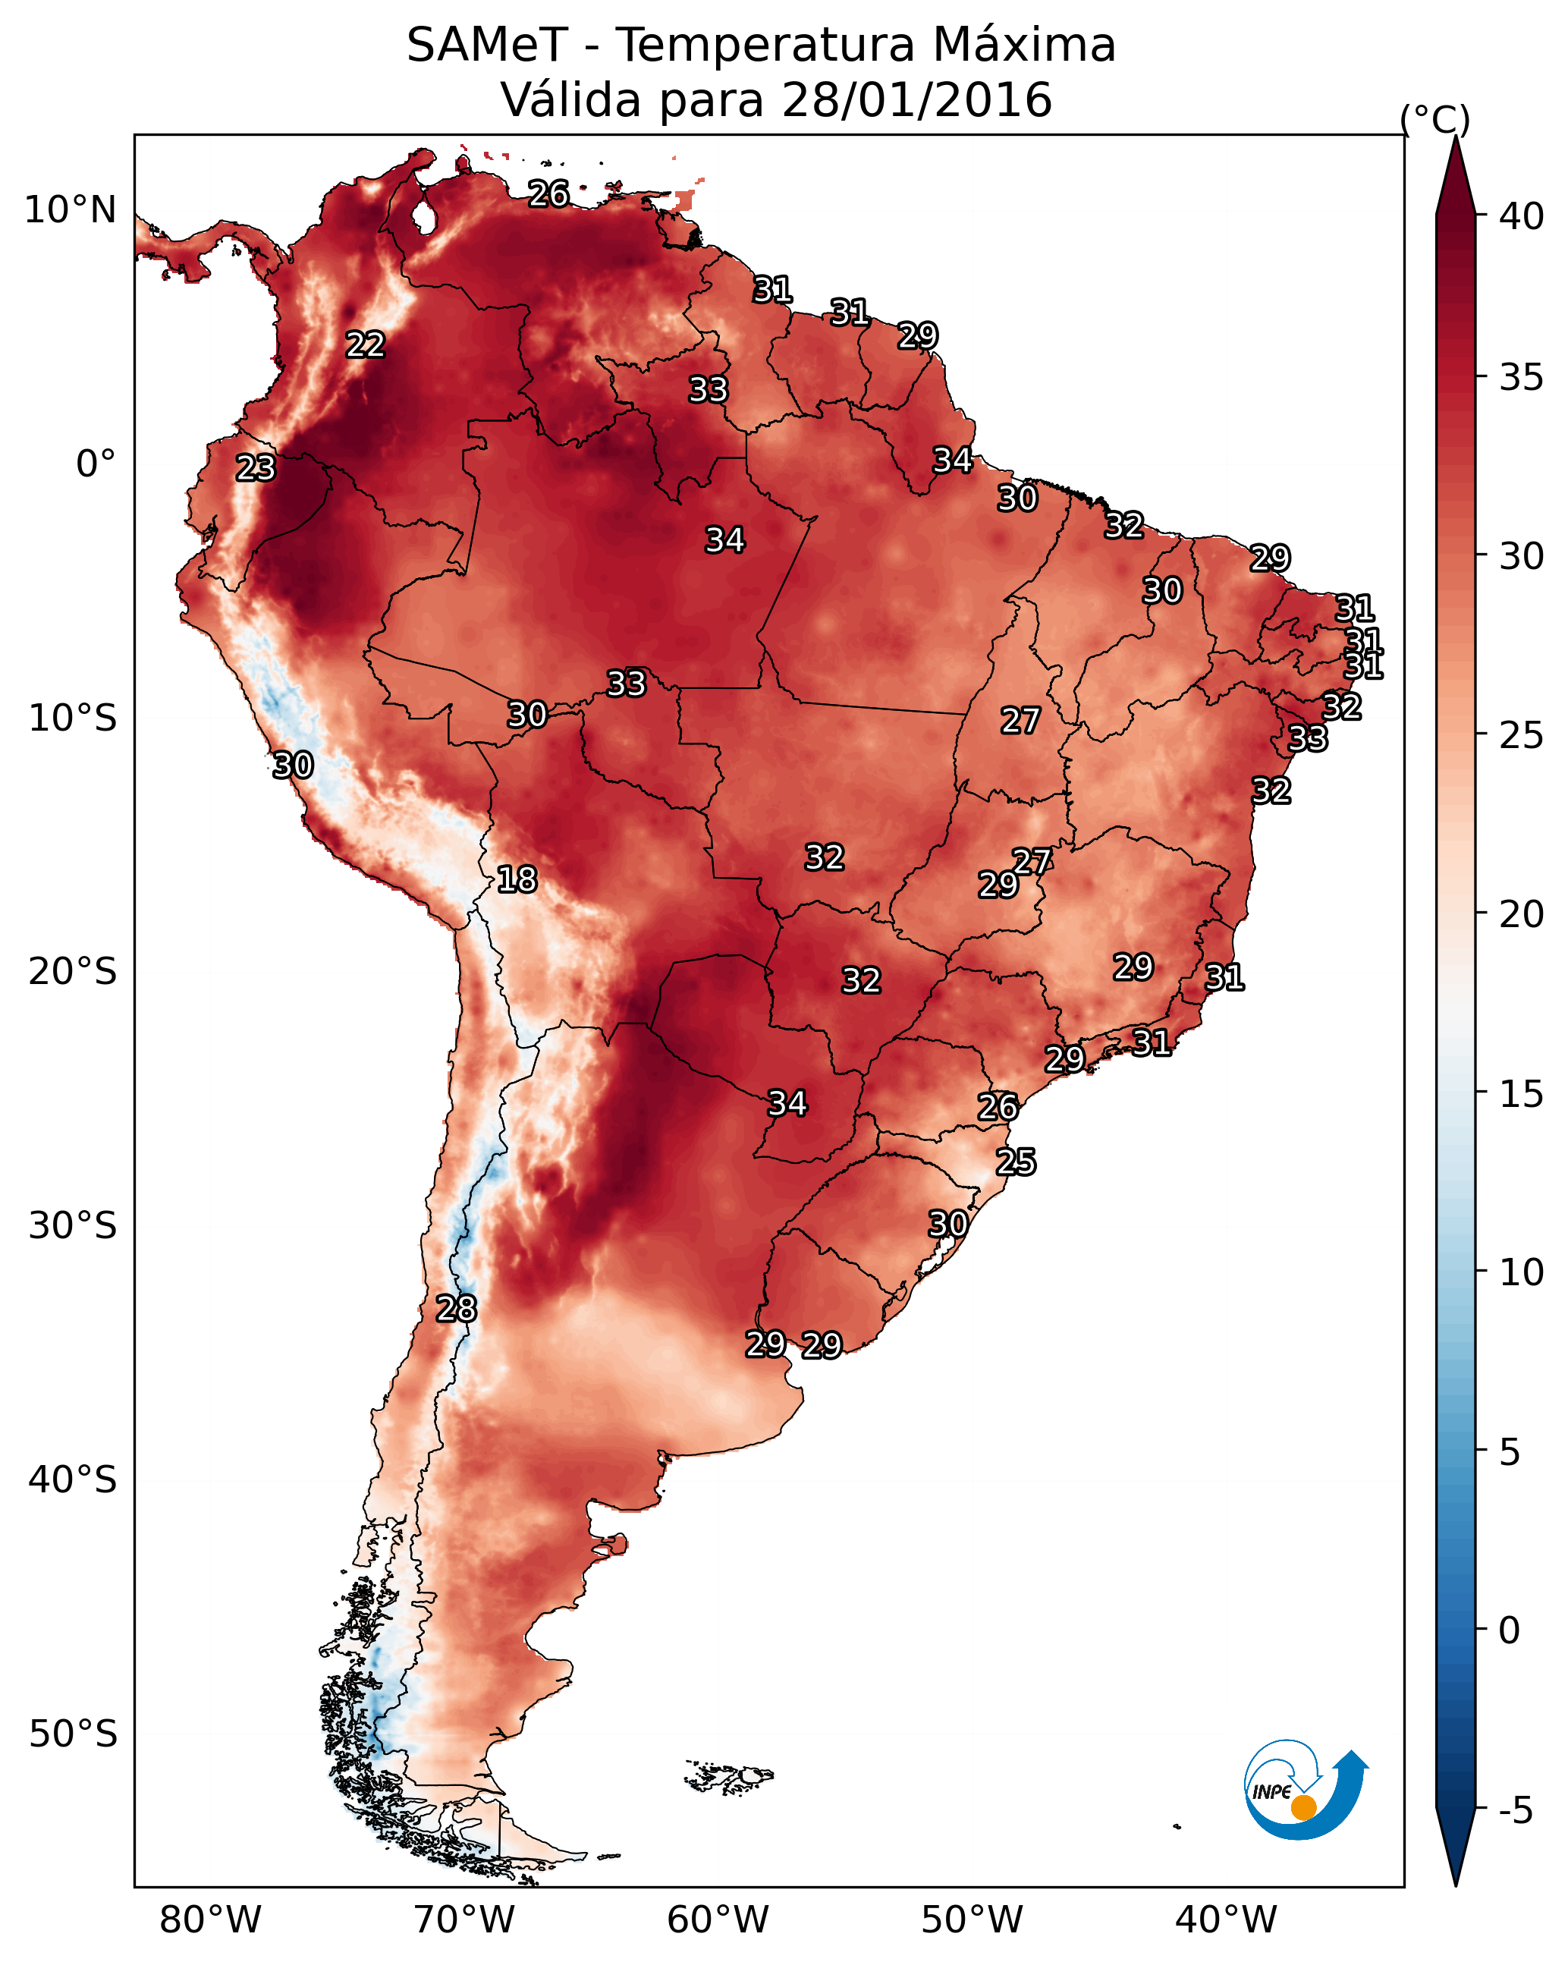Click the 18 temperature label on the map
[x=517, y=879]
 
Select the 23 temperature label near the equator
[x=256, y=468]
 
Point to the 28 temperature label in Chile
[x=456, y=1309]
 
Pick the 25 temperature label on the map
[x=1016, y=1162]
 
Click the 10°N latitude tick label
[x=70, y=210]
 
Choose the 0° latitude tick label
[x=96, y=464]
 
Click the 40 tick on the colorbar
[x=1522, y=216]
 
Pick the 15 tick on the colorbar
[x=1522, y=1094]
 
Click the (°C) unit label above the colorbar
[x=1435, y=119]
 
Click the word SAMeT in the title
[x=487, y=46]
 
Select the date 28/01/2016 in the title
[x=916, y=99]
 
